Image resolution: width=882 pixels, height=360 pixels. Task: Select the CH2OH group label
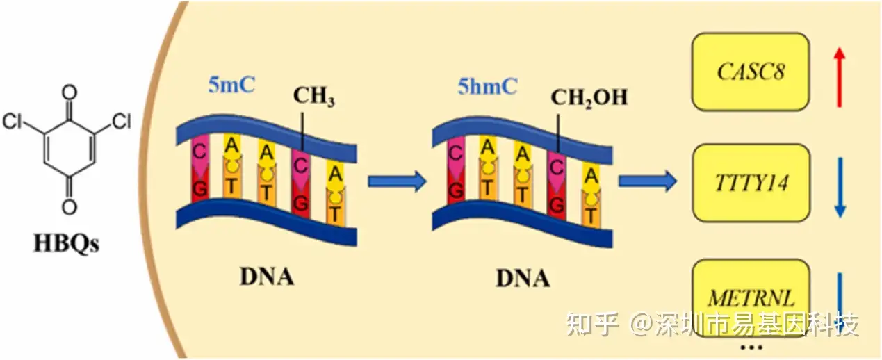point(589,96)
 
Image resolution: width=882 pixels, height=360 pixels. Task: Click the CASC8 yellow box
point(750,72)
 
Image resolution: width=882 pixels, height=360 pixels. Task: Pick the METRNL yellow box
point(750,298)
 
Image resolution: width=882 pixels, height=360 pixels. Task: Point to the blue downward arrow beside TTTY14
point(840,186)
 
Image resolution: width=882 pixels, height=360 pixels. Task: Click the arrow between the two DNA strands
point(396,182)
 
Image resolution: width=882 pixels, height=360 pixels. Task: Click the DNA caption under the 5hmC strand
point(522,278)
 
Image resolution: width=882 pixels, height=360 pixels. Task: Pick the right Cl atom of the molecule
point(121,123)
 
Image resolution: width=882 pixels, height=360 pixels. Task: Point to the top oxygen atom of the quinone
point(68,92)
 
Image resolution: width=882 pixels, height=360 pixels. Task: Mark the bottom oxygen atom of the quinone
point(68,206)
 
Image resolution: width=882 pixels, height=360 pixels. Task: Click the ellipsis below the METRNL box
point(752,347)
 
